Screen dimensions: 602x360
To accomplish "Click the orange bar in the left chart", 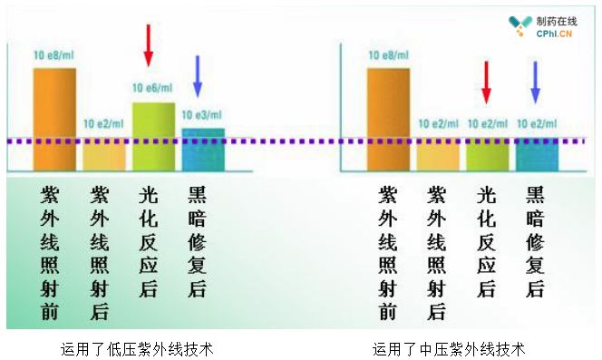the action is click(x=54, y=120).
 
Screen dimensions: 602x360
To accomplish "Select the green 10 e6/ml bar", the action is click(x=153, y=137).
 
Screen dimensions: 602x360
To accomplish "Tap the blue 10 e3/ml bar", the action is click(x=203, y=150).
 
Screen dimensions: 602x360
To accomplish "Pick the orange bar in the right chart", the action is click(x=389, y=120).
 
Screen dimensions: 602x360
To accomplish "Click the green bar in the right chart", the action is click(x=488, y=154).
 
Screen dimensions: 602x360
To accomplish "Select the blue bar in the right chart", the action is click(x=537, y=154).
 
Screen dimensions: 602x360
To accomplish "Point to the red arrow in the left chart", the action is click(x=148, y=45).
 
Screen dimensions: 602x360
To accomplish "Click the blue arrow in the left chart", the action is click(x=198, y=76).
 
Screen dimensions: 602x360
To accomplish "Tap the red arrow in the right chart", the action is click(x=487, y=83).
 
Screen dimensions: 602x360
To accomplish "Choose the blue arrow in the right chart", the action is click(x=536, y=83).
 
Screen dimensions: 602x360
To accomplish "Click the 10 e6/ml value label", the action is click(x=152, y=88).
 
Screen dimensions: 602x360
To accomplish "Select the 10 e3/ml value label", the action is click(x=201, y=114).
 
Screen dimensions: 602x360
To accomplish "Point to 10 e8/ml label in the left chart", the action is click(x=53, y=55).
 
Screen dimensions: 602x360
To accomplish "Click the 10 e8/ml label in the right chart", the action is click(x=389, y=55).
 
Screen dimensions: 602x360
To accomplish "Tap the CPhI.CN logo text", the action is click(x=554, y=34).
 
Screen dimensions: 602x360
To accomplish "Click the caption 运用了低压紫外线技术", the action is click(x=137, y=349).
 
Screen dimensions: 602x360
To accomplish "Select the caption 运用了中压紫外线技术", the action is click(x=449, y=349).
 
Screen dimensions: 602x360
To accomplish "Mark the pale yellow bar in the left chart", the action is click(x=104, y=154).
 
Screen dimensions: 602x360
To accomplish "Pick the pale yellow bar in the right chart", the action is click(x=438, y=154).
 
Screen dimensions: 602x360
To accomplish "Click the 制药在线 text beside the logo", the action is click(x=557, y=22).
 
